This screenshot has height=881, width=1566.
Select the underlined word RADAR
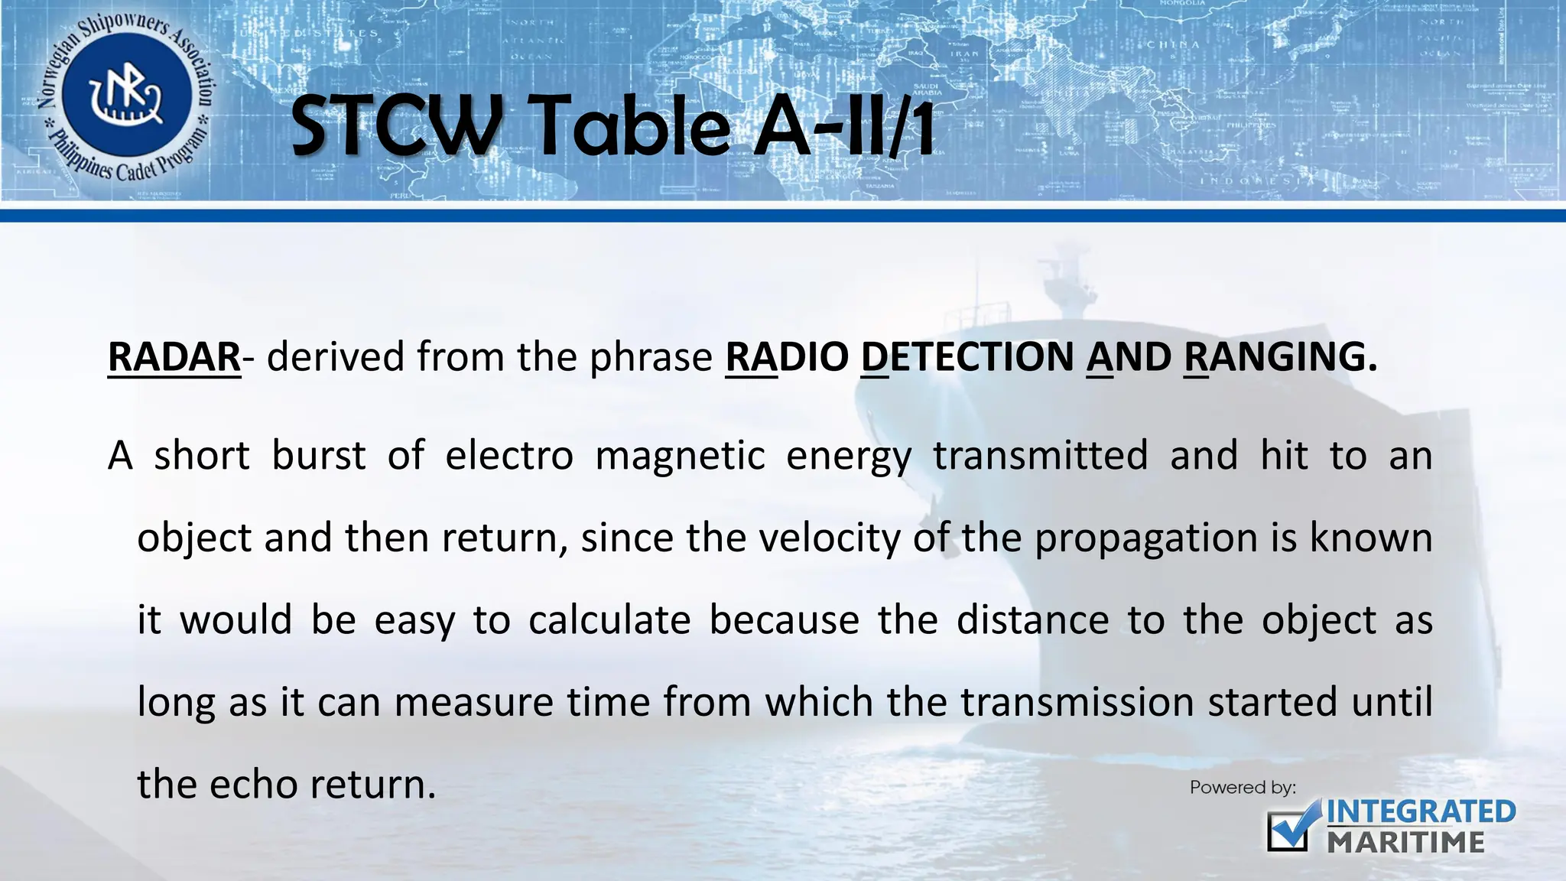point(174,357)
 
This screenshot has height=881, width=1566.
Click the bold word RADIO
point(787,357)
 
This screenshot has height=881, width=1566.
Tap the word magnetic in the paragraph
point(680,457)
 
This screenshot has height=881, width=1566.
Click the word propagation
point(1145,538)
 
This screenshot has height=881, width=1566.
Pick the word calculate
point(609,620)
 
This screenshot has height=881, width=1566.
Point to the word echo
point(253,785)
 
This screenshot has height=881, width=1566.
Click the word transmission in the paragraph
point(1077,702)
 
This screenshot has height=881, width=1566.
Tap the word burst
point(319,457)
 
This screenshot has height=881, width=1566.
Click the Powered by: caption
point(1243,788)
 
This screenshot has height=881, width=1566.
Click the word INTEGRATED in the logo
point(1421,812)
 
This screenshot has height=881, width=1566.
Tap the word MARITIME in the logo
point(1406,843)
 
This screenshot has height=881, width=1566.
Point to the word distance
point(1032,620)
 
